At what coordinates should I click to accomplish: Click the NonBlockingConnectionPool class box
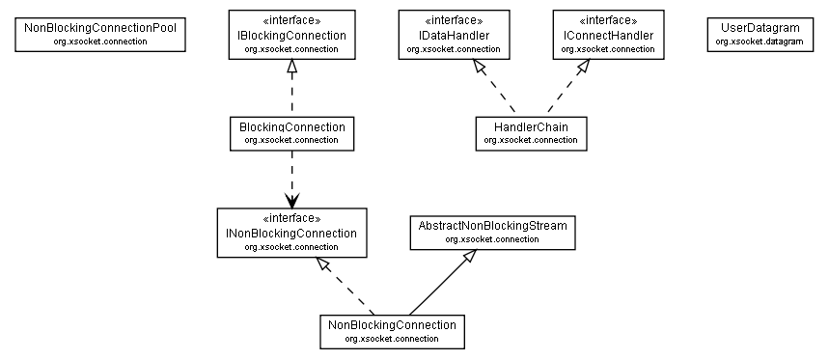[100, 35]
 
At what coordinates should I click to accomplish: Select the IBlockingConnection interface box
[291, 35]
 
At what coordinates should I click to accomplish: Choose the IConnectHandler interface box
[608, 35]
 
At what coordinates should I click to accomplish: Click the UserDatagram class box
[760, 35]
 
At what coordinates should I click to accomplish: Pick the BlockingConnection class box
[291, 133]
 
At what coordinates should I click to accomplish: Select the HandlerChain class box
[531, 133]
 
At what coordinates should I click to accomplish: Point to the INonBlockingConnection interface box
[291, 233]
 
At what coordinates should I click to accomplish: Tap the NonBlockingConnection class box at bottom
[391, 331]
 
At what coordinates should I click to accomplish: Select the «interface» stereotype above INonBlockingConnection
[291, 219]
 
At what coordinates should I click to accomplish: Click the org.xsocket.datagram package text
[760, 42]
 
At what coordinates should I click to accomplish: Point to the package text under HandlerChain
[531, 140]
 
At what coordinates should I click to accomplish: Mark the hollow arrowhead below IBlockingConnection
[291, 68]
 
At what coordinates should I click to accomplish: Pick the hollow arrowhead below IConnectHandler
[582, 68]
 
